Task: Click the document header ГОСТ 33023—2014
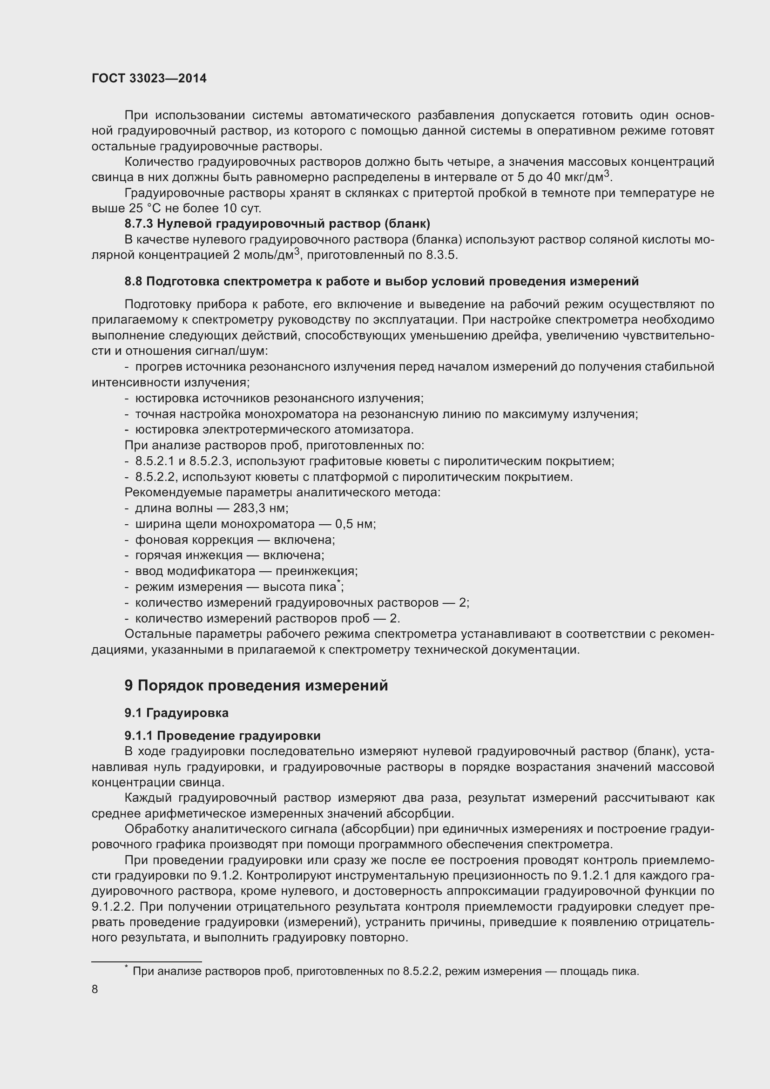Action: (149, 79)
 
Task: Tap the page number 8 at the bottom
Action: (95, 989)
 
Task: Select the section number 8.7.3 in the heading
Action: (139, 223)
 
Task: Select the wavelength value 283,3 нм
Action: (260, 508)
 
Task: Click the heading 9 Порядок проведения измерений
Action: (256, 685)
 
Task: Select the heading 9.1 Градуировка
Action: (176, 713)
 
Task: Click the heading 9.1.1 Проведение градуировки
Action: (223, 736)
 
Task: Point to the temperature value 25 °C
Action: (145, 209)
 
